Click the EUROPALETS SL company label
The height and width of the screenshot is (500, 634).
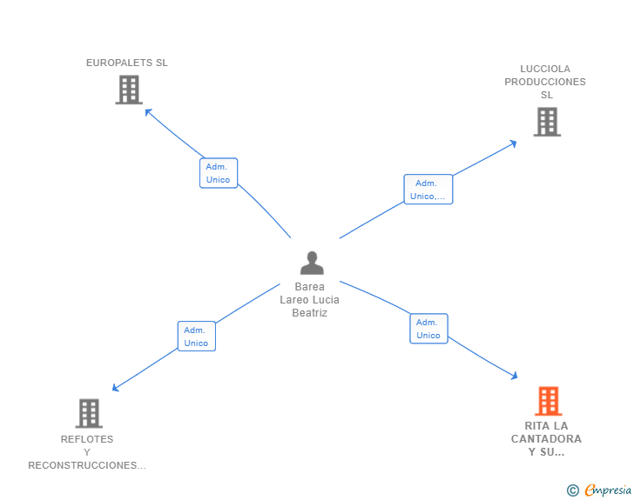tap(126, 63)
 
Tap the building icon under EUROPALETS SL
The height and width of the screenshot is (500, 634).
tap(129, 90)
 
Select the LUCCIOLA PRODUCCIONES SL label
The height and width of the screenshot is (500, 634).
tap(545, 82)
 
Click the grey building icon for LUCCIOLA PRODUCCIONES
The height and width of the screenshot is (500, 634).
tap(547, 122)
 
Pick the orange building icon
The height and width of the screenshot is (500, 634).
tap(549, 401)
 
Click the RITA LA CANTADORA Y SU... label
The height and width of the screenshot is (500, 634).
tap(546, 438)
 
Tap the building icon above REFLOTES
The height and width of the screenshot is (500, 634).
tap(89, 413)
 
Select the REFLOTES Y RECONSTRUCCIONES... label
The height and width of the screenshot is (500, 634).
tap(87, 452)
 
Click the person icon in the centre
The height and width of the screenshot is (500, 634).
tap(312, 263)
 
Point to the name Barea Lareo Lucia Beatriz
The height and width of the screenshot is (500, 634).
tap(309, 300)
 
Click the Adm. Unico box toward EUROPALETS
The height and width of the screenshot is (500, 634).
tap(219, 173)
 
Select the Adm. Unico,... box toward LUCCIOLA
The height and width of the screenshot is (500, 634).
tap(428, 189)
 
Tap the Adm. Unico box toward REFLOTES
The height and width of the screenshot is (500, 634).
tap(197, 336)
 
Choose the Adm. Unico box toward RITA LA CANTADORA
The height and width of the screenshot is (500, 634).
tap(428, 329)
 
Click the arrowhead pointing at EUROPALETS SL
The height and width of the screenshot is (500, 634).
tap(148, 112)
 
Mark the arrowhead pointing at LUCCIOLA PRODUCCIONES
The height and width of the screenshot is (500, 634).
tap(514, 143)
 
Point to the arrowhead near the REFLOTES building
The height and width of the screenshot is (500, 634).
tap(115, 388)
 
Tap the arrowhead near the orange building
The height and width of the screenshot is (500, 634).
tap(515, 376)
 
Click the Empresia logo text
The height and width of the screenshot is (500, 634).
tap(608, 490)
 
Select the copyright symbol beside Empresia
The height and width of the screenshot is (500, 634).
tap(572, 490)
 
